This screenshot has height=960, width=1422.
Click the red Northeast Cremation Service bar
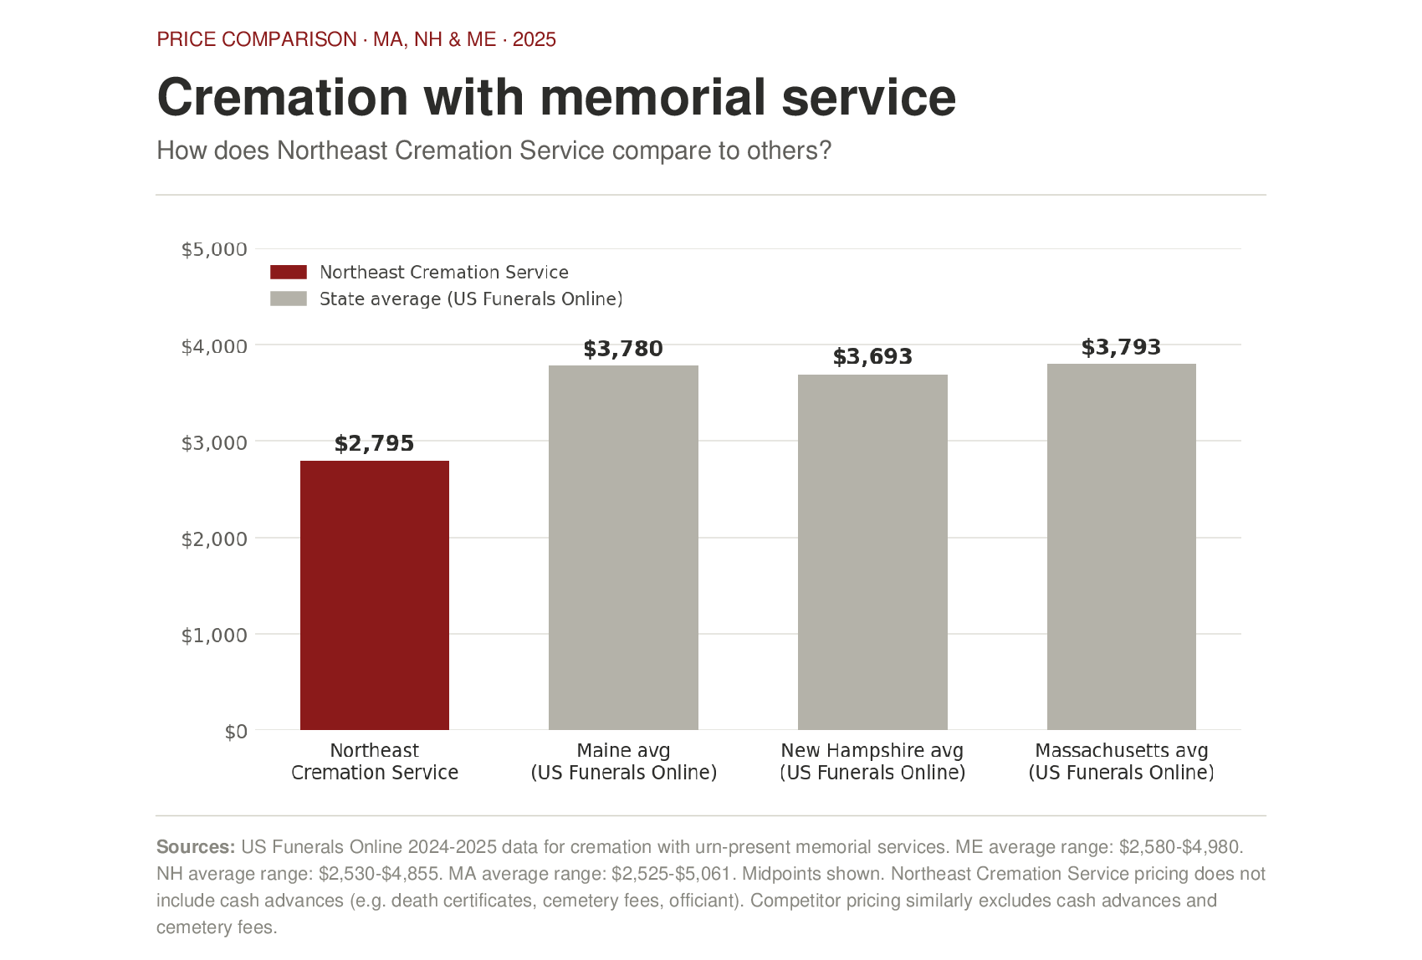coord(375,595)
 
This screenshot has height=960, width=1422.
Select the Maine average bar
coord(623,547)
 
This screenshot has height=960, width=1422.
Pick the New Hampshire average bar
coord(872,552)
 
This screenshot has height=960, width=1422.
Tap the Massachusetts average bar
coord(1121,546)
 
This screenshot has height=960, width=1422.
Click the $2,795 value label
coord(374,443)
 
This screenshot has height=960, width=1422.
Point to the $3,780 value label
coord(623,349)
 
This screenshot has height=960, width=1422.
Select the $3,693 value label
coord(872,357)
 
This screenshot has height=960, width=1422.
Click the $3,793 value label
coord(1121,347)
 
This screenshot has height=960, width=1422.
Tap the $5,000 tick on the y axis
coord(214,249)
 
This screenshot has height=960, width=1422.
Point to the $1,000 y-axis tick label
coord(214,636)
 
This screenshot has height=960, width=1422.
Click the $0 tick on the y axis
coord(236,732)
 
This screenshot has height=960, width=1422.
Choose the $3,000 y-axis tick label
coord(214,442)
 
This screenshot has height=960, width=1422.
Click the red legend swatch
coord(289,272)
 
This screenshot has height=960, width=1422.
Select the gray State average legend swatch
coord(289,299)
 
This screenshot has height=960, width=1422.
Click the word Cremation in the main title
coord(282,97)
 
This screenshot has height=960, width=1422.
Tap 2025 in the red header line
coord(535,39)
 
